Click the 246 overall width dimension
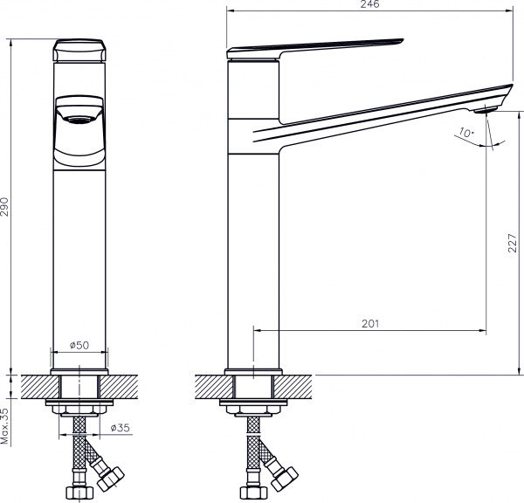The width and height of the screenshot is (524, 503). click(x=369, y=5)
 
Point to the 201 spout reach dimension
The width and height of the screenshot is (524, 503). click(x=369, y=324)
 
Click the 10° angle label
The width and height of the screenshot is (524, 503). click(x=466, y=134)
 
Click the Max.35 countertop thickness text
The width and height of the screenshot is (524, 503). click(x=6, y=424)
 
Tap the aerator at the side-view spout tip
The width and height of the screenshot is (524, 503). click(x=486, y=109)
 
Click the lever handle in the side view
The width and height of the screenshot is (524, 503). click(x=314, y=47)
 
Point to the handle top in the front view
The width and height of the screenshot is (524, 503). click(x=80, y=49)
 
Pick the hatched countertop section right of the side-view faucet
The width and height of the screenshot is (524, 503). click(x=297, y=384)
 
